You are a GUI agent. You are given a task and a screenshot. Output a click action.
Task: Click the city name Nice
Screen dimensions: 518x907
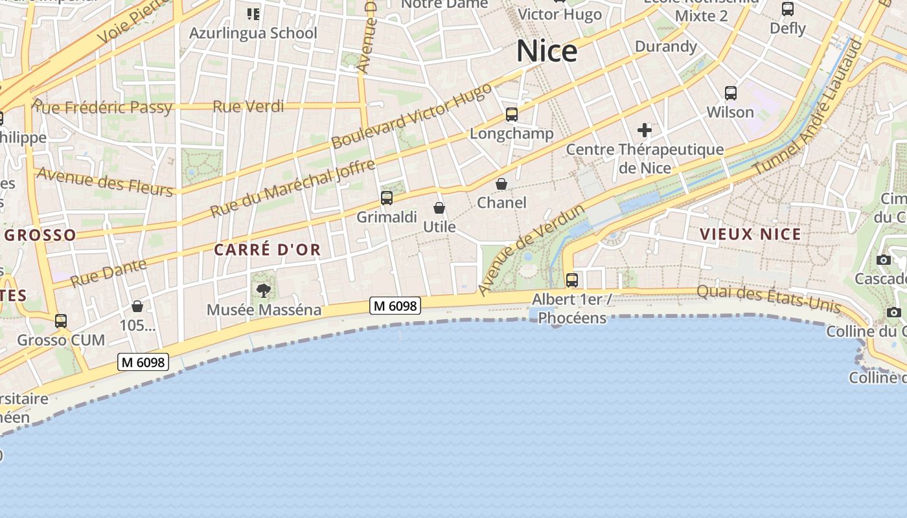click(x=547, y=51)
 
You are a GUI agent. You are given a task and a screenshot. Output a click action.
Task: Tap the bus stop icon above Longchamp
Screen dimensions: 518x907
click(x=512, y=115)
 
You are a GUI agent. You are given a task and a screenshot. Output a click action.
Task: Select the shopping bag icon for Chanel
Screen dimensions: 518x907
click(x=501, y=185)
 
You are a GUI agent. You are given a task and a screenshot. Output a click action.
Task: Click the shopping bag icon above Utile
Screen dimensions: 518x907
click(x=439, y=208)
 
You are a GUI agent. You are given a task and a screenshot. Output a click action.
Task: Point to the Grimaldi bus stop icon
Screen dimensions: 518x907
click(x=387, y=198)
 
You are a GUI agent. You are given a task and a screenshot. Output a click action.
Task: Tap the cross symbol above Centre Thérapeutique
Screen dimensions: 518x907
click(x=645, y=130)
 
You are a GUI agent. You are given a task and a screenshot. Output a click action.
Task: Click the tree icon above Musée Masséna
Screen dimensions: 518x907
click(x=264, y=290)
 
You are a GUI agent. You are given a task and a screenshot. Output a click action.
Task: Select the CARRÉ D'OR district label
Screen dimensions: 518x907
click(x=268, y=250)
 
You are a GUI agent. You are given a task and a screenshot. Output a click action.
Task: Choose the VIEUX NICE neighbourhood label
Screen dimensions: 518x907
click(x=750, y=234)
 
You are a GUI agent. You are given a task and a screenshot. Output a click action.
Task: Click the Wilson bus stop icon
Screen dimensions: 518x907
click(x=731, y=93)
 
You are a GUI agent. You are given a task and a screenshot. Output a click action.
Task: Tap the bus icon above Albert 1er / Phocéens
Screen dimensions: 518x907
click(x=572, y=280)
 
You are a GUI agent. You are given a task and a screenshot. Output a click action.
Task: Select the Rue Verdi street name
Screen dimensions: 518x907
click(x=248, y=106)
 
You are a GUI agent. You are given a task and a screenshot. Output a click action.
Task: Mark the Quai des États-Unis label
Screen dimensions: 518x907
click(x=769, y=299)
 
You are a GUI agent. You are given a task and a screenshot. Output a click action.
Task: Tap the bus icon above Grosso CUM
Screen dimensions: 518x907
click(x=61, y=321)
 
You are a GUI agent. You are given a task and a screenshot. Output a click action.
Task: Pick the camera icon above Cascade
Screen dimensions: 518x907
click(x=883, y=260)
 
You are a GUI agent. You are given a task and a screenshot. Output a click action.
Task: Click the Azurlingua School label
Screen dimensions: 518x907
click(x=253, y=33)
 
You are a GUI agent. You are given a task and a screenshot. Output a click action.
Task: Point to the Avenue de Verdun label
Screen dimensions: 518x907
click(x=531, y=249)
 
